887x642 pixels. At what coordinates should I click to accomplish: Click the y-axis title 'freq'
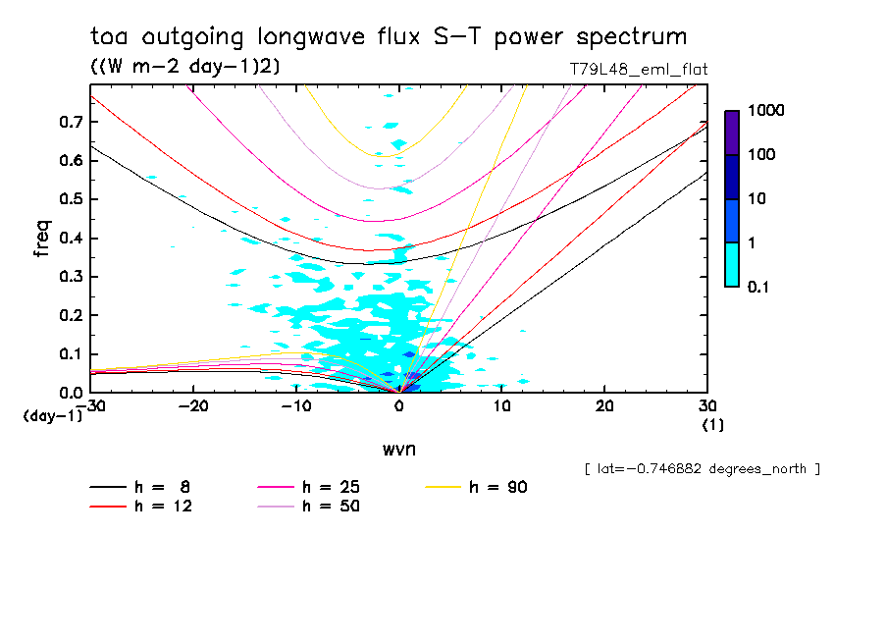tap(42, 239)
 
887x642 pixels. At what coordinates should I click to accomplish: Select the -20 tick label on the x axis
tap(194, 406)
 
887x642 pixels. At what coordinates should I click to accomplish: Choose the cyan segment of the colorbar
tap(732, 264)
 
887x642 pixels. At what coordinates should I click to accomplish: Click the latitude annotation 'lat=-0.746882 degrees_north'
tap(702, 469)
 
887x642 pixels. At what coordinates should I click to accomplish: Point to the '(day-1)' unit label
tap(51, 415)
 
